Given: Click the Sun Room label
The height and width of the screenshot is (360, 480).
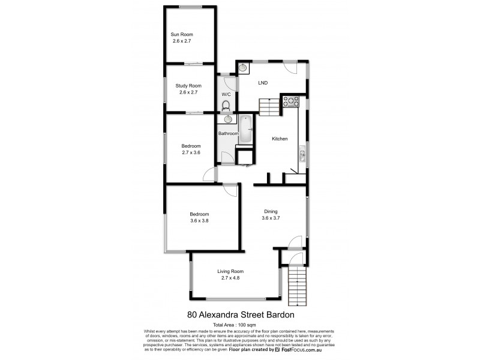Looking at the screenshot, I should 182,35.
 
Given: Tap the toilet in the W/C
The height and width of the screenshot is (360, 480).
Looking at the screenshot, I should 226,106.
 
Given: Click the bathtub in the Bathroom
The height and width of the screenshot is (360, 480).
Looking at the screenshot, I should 246,129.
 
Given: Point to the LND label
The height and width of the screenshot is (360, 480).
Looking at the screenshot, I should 262,83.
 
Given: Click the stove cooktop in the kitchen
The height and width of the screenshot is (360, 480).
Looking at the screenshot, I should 291,102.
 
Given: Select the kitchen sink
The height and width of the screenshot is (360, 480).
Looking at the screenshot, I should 302,157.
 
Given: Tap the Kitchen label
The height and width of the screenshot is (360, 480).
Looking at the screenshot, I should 280,139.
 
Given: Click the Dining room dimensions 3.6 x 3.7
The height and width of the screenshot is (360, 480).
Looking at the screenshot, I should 271,218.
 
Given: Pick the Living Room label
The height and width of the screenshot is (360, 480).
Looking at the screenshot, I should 230,271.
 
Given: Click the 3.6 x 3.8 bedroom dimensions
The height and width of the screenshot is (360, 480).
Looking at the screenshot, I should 199,221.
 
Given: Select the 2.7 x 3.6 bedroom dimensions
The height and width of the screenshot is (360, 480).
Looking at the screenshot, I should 191,153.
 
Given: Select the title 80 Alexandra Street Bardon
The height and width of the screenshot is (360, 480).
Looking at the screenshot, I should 240,313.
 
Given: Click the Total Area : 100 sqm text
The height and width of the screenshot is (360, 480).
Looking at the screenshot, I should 239,325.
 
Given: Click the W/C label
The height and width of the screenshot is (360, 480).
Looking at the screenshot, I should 226,95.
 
